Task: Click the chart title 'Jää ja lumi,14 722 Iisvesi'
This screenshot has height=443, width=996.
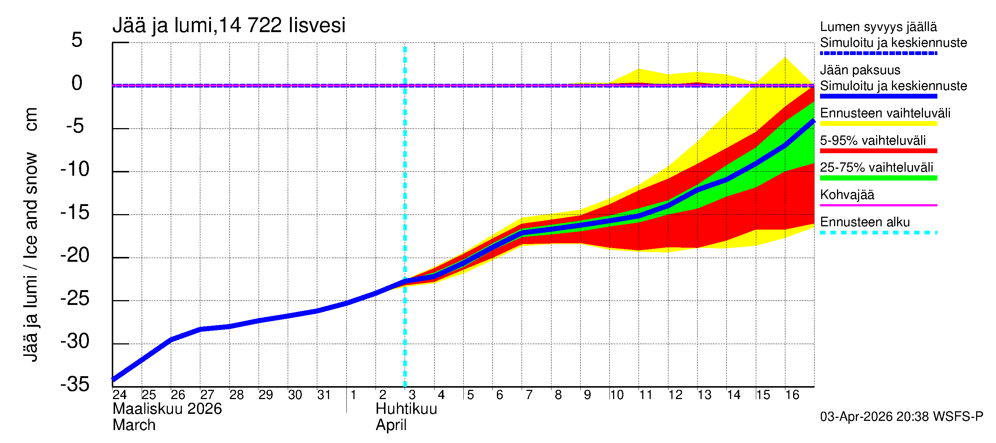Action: pos(228,25)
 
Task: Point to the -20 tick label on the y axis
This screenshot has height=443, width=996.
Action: pos(75,255)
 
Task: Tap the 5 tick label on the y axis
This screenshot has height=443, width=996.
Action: pos(77,40)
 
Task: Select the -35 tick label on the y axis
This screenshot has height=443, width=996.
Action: pos(75,384)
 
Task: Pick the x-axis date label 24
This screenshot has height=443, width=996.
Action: pos(120,395)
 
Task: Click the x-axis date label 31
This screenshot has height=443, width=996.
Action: pos(324,395)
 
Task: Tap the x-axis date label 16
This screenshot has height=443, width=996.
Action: pos(792,395)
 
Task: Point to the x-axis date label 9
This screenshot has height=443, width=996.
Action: pos(587,395)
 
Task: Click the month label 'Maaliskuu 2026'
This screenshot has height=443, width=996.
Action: pos(167,409)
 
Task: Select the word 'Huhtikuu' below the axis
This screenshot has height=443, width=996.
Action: pos(406,409)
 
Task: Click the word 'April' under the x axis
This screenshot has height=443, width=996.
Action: pos(391,425)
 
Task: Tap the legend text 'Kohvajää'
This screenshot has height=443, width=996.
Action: pos(847,195)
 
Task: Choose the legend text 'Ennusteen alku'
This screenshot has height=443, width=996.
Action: pos(865,222)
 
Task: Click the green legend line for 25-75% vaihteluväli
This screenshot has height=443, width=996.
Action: pos(878,178)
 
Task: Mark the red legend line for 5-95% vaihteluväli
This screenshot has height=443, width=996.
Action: pos(878,151)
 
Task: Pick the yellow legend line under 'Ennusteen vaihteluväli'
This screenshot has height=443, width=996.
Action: pos(878,124)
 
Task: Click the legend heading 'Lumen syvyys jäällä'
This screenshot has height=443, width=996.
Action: pos(878,27)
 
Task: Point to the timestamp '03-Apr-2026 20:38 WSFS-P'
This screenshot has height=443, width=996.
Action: pos(901,417)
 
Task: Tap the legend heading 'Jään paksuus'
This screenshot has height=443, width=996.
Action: pos(860,70)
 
